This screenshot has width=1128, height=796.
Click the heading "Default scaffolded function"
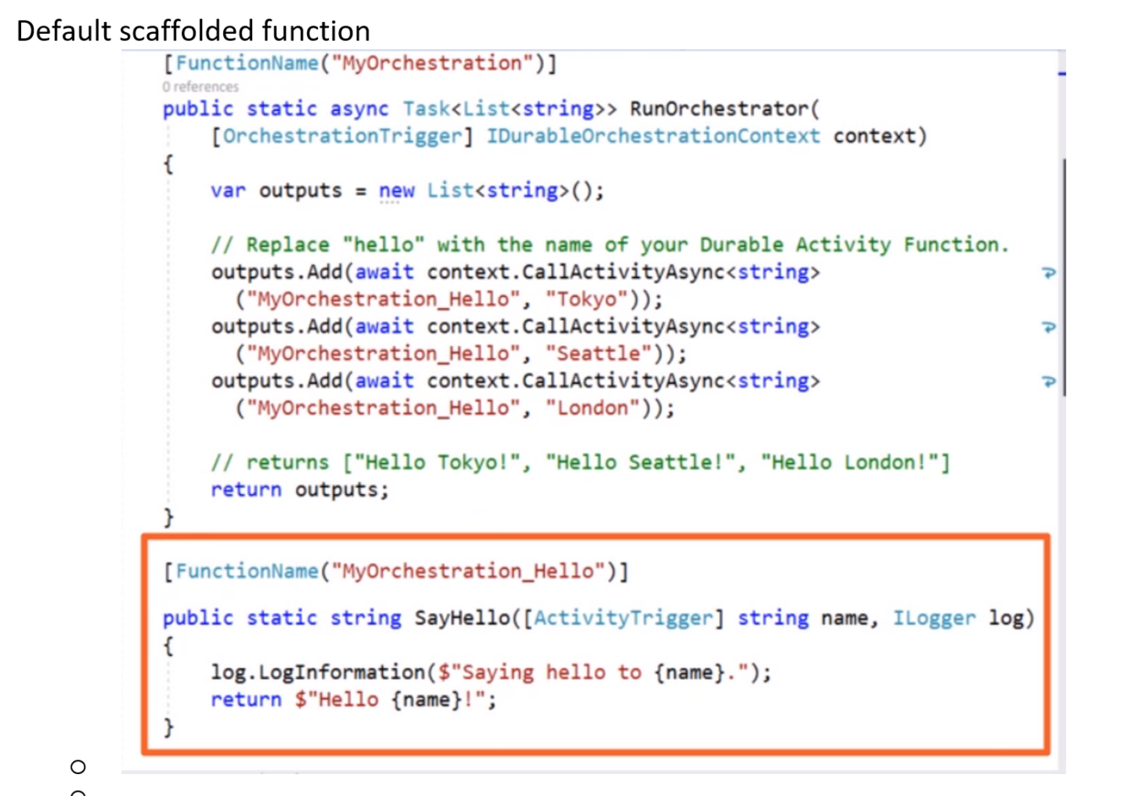(x=193, y=30)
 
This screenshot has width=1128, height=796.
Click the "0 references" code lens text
(x=200, y=86)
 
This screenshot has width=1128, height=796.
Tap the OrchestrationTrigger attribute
(x=342, y=136)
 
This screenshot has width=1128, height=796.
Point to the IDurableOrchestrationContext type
(x=653, y=136)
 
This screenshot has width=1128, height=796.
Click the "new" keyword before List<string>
(x=396, y=190)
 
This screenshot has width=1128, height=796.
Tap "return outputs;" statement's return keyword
(x=245, y=490)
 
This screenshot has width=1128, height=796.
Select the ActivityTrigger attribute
(x=624, y=618)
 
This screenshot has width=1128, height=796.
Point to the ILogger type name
(x=934, y=618)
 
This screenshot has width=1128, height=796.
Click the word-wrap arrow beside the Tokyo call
(x=1049, y=272)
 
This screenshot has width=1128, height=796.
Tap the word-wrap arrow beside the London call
(x=1049, y=382)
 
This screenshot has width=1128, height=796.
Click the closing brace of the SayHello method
(x=168, y=726)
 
